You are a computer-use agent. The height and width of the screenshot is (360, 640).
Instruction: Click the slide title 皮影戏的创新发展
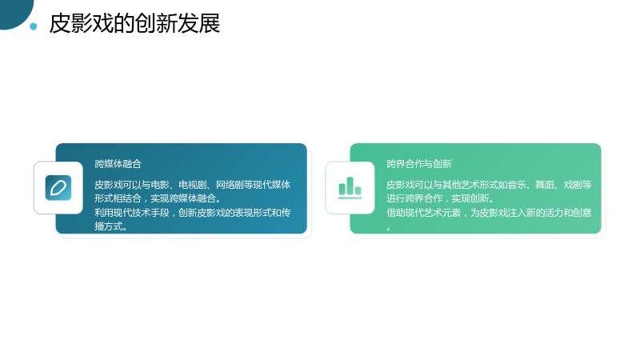(134, 23)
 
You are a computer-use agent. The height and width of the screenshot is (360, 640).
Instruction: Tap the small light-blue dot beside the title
(34, 26)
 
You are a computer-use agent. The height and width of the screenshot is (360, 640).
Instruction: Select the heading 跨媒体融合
(118, 164)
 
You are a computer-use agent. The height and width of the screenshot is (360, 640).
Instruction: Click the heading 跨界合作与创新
(419, 164)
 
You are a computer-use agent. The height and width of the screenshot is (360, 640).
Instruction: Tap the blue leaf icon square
(58, 188)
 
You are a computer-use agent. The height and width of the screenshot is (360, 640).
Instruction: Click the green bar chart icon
(350, 188)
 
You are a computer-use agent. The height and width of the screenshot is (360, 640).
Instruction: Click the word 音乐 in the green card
(517, 185)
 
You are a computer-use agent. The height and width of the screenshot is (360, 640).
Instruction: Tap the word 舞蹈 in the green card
(545, 185)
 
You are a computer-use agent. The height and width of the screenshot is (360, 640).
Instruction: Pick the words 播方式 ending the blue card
(109, 226)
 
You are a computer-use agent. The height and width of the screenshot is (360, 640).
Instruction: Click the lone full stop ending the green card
(389, 229)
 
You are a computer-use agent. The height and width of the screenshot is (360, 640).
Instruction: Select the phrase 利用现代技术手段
(132, 213)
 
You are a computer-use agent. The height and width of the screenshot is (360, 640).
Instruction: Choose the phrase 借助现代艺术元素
(424, 213)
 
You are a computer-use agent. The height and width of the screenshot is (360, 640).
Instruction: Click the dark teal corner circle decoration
(15, 12)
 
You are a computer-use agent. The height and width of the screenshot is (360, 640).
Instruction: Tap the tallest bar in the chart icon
(350, 186)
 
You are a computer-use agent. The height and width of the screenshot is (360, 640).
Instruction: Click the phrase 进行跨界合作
(414, 198)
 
